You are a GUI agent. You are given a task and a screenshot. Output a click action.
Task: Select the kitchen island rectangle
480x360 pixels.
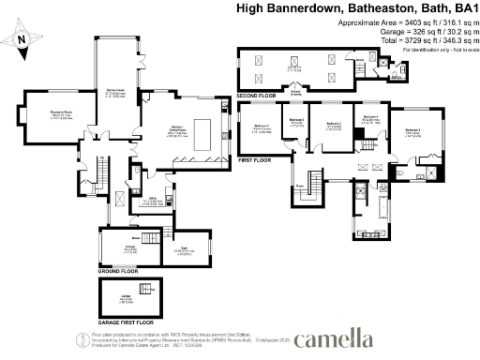tap(201, 127)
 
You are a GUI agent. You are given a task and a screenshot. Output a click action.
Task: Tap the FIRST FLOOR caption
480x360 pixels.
tap(254, 159)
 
